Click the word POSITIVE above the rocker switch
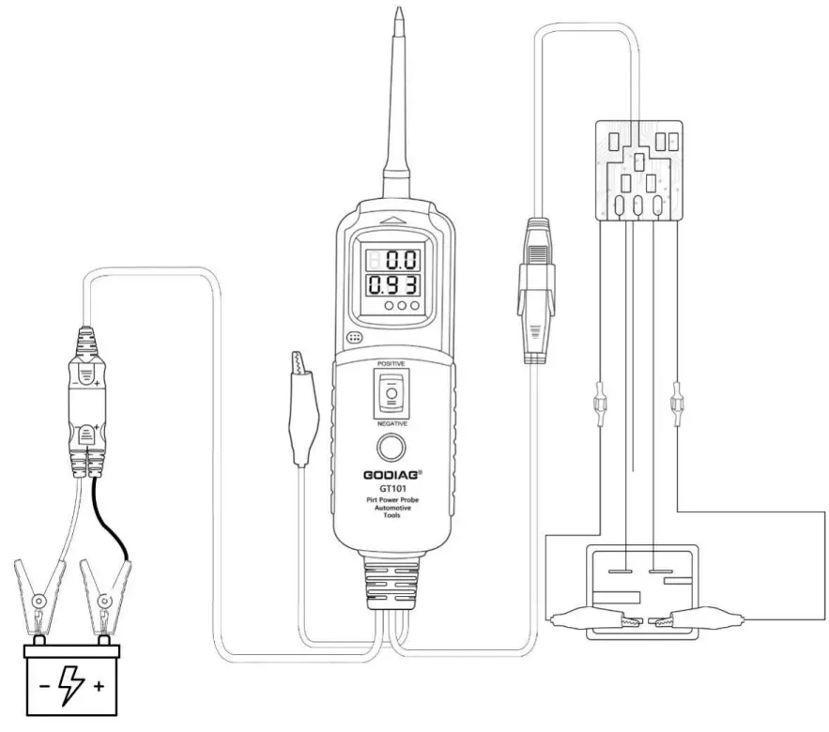[x=391, y=362]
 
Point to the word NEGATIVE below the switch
[x=391, y=424]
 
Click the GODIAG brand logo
[x=391, y=475]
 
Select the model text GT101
[x=391, y=489]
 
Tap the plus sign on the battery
[x=99, y=686]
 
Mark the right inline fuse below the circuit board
[x=674, y=407]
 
